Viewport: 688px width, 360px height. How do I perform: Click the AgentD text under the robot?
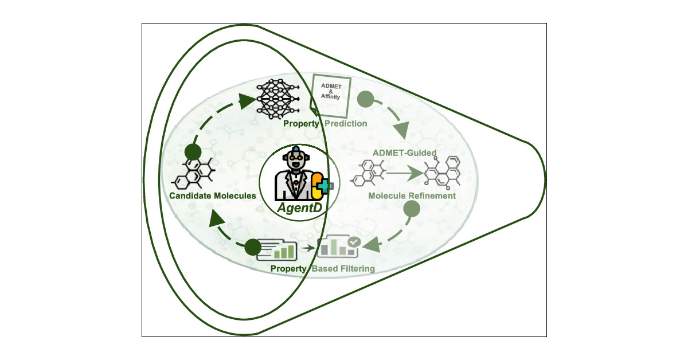(x=300, y=208)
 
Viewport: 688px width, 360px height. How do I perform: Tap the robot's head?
(x=296, y=158)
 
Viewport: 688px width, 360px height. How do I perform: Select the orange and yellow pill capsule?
(x=317, y=186)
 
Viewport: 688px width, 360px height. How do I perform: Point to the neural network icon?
(x=278, y=99)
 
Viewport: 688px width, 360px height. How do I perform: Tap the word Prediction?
(x=346, y=123)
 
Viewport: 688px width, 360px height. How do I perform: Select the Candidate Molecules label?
(x=213, y=195)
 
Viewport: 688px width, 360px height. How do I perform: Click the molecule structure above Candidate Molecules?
(x=194, y=173)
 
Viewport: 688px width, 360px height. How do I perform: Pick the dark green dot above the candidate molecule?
(x=193, y=152)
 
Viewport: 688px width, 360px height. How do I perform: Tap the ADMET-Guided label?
(x=405, y=152)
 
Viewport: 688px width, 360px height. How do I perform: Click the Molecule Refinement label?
(x=412, y=195)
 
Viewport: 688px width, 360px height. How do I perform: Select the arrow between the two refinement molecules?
(x=405, y=173)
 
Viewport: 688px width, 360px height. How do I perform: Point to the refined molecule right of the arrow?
(x=443, y=173)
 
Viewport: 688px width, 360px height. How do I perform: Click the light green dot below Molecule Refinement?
(x=412, y=209)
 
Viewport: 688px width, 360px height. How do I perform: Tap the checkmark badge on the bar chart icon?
(x=354, y=242)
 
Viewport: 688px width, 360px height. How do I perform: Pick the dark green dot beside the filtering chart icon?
(x=253, y=247)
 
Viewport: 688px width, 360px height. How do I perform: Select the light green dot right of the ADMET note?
(x=366, y=99)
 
